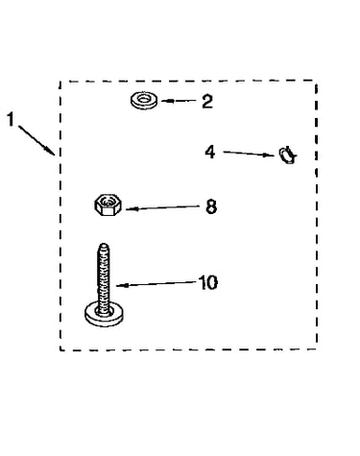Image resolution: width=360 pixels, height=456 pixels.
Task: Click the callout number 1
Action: [x=11, y=119]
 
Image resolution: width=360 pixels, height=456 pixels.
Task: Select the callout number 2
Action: [x=207, y=101]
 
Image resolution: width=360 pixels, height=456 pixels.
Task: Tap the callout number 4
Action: [x=210, y=152]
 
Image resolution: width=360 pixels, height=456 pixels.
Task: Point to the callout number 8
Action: [x=211, y=206]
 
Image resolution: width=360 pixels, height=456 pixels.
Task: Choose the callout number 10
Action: [x=208, y=282]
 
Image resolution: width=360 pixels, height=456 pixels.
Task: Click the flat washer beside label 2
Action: [x=144, y=100]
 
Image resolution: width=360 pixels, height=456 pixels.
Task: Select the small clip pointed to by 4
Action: [x=288, y=155]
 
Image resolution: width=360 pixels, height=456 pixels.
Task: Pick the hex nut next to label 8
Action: [x=108, y=204]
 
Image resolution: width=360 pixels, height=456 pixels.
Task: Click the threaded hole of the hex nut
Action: [x=108, y=202]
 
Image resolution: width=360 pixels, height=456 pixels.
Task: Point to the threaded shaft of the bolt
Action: [x=103, y=279]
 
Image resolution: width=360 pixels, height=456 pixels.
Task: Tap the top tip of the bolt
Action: [x=103, y=245]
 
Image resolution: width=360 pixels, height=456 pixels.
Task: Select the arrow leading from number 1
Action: [x=36, y=140]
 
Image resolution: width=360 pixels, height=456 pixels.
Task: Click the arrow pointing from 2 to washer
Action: [x=179, y=101]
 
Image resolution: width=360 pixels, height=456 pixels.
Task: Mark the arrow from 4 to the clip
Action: [x=249, y=154]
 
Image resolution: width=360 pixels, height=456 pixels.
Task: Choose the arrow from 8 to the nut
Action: [x=162, y=207]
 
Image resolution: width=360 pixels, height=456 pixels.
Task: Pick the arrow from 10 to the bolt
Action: [x=156, y=284]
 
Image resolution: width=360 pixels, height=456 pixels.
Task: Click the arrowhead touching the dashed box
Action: [x=51, y=152]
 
